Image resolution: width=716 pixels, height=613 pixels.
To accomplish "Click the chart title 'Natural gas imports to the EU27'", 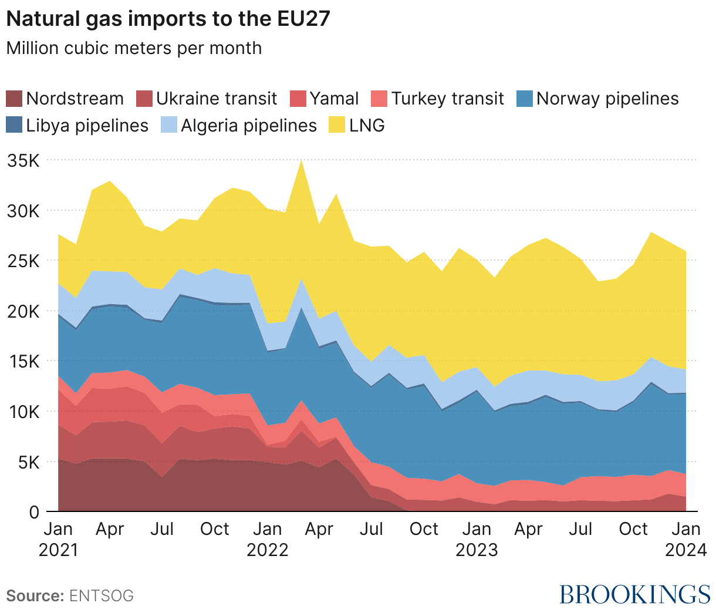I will point(168,19).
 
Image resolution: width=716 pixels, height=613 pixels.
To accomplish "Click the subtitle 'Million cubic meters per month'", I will point(134,48).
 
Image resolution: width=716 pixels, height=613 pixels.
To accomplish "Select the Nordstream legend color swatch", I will point(14,98).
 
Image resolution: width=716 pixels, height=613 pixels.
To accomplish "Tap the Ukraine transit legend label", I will point(216,98).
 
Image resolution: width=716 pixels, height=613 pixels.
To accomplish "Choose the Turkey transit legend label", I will point(447,98).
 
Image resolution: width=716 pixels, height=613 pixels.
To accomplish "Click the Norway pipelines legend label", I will point(607,98).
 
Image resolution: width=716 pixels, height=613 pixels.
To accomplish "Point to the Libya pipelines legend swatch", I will point(14,125).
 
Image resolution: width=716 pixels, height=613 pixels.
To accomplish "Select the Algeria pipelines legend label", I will point(249,125).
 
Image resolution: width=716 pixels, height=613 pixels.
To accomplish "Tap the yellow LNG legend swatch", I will point(337,125).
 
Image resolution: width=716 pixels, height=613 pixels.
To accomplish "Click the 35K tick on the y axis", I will point(23,160).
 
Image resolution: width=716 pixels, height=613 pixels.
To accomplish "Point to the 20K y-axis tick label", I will point(23,311).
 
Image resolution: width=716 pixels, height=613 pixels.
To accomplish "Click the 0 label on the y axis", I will point(34,512).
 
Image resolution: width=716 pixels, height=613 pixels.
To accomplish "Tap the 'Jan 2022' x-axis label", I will point(268,539).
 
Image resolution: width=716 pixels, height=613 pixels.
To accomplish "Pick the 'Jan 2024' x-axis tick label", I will point(685,539).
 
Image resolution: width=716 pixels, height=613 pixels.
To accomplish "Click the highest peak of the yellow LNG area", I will point(301,161).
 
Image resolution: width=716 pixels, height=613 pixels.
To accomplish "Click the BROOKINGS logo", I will point(634,594).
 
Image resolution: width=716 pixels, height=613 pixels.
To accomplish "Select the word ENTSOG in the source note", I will point(102,596).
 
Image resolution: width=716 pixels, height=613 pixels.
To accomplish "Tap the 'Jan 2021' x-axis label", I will point(59,539).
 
